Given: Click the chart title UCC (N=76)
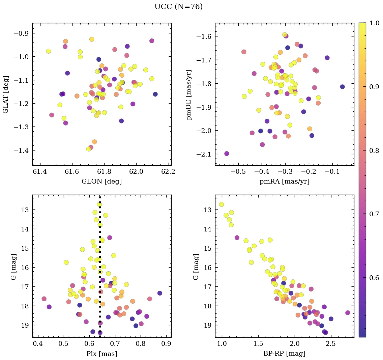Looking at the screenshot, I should [178, 7].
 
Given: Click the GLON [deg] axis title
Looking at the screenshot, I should [101, 182].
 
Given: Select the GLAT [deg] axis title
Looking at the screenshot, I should [5, 94].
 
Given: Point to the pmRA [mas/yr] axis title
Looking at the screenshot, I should [284, 182].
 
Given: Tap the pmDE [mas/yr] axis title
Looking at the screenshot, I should [189, 94].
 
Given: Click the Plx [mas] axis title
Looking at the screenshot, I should [101, 354].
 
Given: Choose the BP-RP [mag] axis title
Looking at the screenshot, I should [284, 354].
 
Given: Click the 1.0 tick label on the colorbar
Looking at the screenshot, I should [375, 23].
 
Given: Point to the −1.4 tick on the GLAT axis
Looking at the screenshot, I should [21, 150].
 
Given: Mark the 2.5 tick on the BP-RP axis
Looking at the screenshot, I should [331, 344].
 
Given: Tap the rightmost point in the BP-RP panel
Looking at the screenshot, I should [348, 313].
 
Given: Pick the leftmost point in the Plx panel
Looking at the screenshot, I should [44, 299].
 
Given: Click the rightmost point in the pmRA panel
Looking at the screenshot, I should [342, 87].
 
